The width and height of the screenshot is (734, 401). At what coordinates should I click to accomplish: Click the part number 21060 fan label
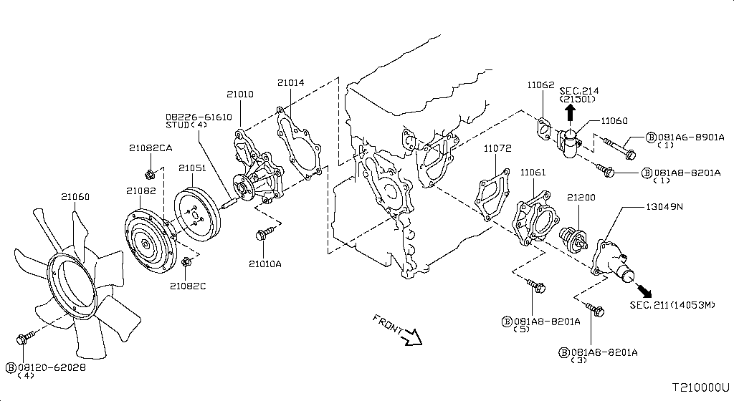75,196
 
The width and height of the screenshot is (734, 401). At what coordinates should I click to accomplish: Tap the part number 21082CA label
151,148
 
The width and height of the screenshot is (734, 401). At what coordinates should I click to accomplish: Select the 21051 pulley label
192,168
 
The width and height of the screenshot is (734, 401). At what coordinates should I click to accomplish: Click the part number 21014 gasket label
291,83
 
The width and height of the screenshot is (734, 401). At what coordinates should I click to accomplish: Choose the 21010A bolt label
265,264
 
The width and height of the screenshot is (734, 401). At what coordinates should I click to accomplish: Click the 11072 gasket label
497,149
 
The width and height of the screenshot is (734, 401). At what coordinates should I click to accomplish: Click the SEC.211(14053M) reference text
672,306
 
